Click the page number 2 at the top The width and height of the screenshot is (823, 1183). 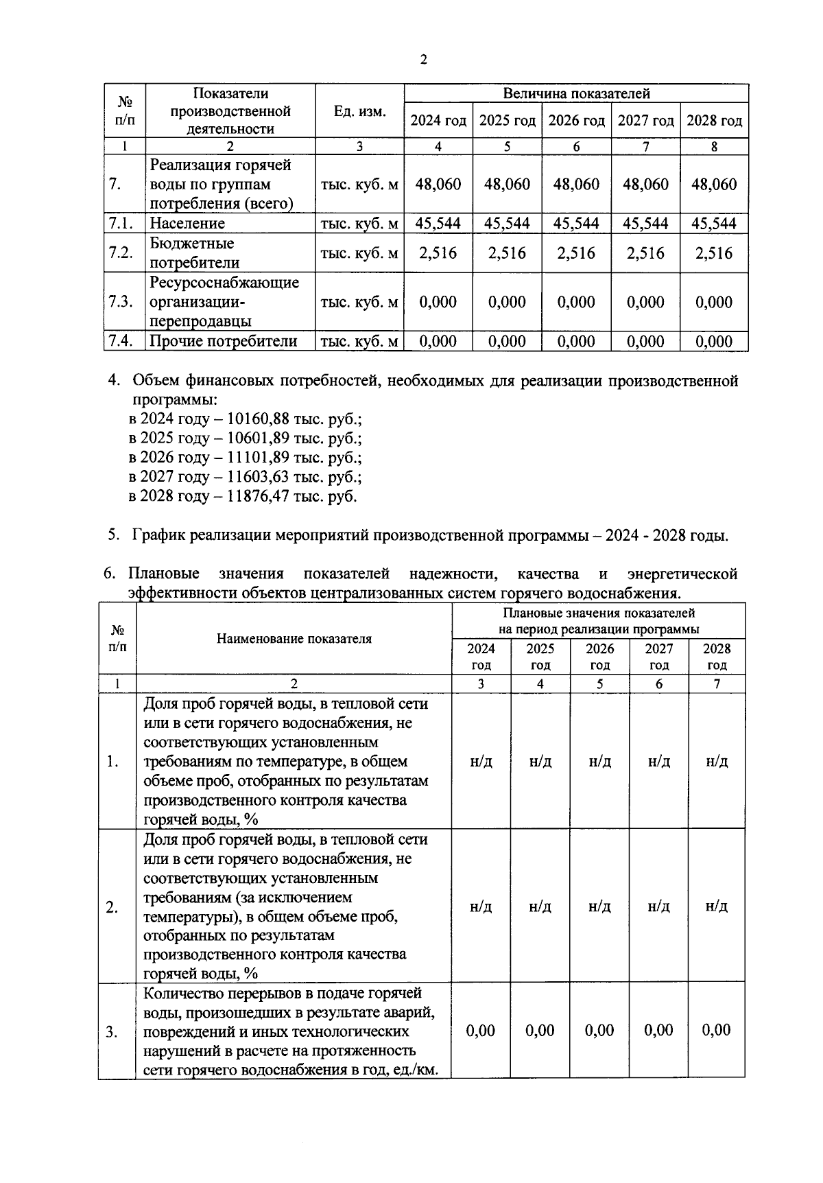coord(423,60)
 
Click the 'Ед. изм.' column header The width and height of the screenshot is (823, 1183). coord(359,112)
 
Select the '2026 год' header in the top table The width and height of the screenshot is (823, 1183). coord(576,121)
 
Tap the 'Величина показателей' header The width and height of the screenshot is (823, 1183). coord(576,93)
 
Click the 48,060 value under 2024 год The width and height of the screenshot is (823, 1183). coord(438,184)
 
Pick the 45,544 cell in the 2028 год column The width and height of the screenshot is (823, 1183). coord(714,223)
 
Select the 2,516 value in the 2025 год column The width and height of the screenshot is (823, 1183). coord(507,253)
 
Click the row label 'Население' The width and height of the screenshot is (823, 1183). coord(187,223)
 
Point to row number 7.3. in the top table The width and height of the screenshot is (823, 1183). coord(121,302)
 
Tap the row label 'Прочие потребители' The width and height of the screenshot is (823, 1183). coord(223,341)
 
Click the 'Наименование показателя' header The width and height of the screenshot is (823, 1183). coord(294,639)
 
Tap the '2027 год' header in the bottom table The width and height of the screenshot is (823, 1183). coord(658,657)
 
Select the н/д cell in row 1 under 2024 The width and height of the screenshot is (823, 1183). coord(481,762)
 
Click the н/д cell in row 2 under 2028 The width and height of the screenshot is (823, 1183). coord(717,906)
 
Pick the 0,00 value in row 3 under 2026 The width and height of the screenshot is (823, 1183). coord(599,1031)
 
